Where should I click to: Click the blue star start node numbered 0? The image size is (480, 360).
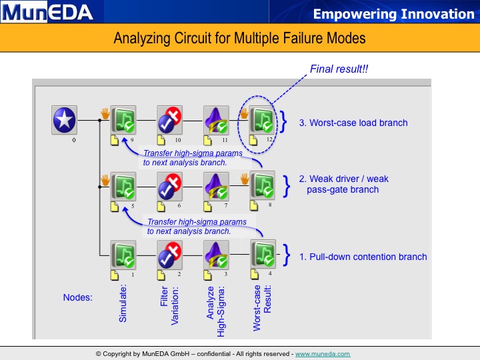(64, 120)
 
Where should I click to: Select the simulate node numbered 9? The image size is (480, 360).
(123, 120)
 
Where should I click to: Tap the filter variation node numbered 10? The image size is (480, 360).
(169, 120)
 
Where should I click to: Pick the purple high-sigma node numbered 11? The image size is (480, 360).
(216, 120)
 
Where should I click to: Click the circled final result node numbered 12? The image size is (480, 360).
(262, 120)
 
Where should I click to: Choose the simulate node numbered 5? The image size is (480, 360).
(123, 186)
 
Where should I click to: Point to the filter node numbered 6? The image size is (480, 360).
(169, 186)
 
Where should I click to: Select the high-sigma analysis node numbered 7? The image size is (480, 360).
(216, 186)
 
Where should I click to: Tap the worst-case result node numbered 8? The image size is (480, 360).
(263, 185)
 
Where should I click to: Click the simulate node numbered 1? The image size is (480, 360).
(123, 255)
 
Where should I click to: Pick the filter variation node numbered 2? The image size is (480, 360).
(169, 255)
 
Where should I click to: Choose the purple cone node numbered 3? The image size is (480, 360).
(216, 255)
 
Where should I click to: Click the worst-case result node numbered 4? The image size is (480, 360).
(263, 254)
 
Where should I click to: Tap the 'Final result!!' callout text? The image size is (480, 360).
(339, 69)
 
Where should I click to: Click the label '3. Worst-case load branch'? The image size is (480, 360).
(353, 123)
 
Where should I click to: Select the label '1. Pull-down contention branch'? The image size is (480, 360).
(363, 257)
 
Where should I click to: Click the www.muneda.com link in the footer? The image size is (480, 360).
(323, 354)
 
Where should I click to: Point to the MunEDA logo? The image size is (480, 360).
(47, 12)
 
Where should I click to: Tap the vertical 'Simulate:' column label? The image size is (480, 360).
(123, 303)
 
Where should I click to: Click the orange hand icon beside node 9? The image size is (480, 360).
(105, 113)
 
